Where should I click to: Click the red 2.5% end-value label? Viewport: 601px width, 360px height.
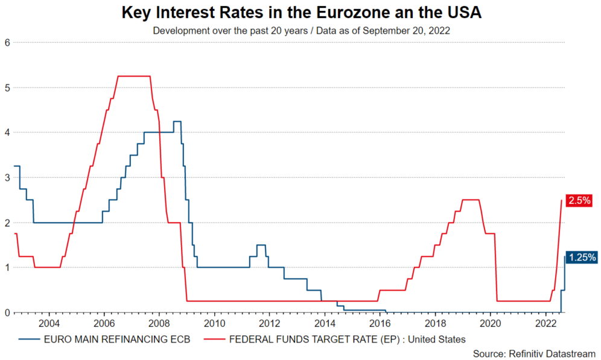point(579,201)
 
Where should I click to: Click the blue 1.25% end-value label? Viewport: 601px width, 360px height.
point(582,257)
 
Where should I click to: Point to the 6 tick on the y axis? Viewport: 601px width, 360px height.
point(7,42)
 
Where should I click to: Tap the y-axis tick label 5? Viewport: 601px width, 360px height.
point(7,87)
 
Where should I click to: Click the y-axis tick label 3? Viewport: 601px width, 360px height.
point(7,177)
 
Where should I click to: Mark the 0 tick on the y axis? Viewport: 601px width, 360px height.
point(7,312)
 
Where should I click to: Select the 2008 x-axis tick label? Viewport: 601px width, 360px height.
point(159,323)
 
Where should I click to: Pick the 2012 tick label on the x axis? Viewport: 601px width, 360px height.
point(270,323)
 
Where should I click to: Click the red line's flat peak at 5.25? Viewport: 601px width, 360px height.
point(133,76)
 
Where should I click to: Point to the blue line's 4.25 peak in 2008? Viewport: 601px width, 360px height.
point(177,121)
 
